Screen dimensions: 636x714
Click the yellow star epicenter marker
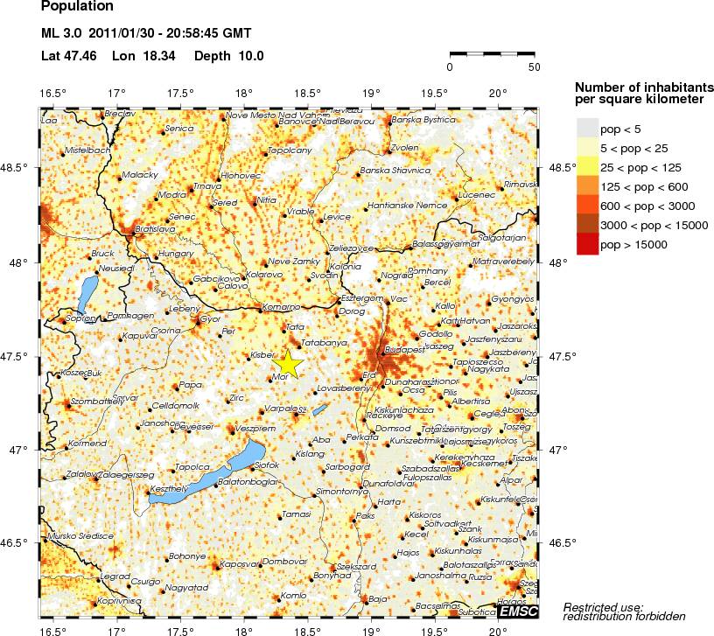[288, 363]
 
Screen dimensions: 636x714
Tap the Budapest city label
[404, 348]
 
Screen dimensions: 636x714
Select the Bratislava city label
[155, 228]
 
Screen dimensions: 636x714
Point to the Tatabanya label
[324, 342]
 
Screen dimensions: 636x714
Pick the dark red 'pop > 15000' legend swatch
[587, 246]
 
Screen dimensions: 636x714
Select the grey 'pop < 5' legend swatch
[587, 128]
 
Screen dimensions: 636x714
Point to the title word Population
[77, 6]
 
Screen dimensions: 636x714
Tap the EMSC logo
[521, 611]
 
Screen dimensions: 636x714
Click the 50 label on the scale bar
[534, 66]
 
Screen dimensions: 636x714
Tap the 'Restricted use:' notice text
[604, 606]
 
